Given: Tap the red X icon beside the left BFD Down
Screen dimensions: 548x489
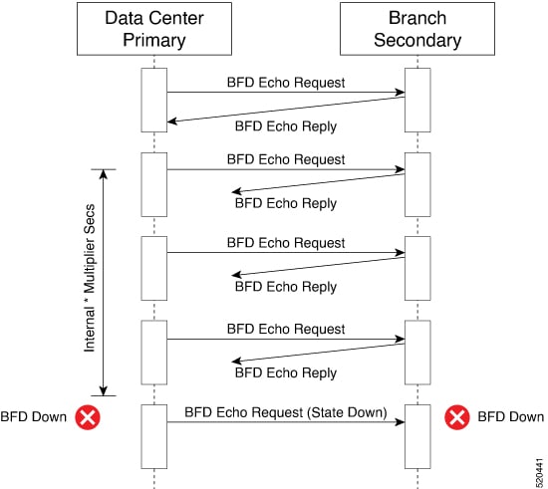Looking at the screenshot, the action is click(x=88, y=417).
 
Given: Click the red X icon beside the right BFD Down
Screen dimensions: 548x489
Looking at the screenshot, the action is click(x=456, y=417).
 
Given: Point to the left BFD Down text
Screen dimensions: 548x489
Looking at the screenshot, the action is click(x=34, y=417).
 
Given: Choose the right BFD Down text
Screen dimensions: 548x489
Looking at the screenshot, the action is click(x=510, y=417).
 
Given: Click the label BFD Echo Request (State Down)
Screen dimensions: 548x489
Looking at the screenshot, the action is click(x=286, y=412).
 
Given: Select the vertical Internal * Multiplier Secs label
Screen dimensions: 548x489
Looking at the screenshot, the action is click(x=90, y=278).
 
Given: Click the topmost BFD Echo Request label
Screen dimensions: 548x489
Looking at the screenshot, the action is click(x=286, y=83).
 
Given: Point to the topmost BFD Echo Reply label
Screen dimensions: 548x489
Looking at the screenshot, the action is click(x=286, y=126).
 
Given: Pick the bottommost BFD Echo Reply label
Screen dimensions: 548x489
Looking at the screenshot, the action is click(x=286, y=372).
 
